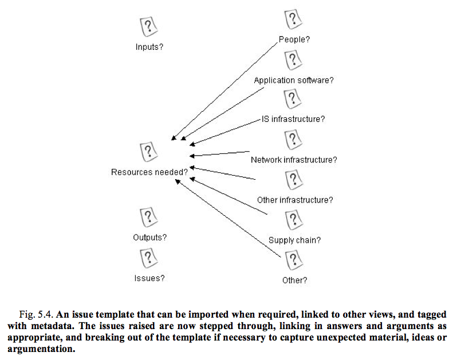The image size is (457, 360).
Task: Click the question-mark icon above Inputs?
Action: [149, 27]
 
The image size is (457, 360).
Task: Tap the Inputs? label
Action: [149, 47]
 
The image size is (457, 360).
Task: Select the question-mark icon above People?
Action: [293, 19]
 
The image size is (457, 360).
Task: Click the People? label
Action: [294, 39]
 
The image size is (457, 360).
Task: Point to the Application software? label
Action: [293, 80]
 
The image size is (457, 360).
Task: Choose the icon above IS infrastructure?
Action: [293, 99]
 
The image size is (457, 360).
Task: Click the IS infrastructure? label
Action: [293, 119]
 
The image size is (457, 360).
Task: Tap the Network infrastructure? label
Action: [294, 160]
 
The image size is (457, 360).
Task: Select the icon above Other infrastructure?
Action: [294, 180]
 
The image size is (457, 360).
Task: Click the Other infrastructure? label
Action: [295, 200]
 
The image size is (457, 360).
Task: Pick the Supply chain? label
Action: [294, 240]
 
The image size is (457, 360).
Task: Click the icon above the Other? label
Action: [294, 260]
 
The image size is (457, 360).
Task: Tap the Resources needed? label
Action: [149, 172]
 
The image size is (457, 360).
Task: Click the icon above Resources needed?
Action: [149, 152]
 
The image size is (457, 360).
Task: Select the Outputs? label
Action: [150, 238]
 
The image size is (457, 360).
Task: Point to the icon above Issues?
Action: [149, 258]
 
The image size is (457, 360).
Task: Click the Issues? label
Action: [149, 278]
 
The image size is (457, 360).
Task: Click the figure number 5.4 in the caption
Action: [45, 315]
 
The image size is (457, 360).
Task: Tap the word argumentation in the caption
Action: [41, 349]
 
